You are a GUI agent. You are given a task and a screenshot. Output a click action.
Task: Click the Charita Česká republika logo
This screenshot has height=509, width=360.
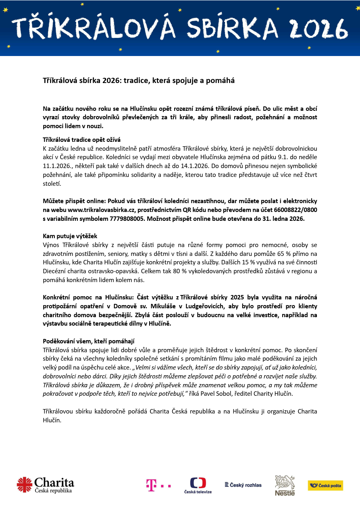coord(46,484)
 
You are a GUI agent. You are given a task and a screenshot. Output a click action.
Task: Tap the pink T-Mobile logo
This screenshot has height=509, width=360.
coord(158,485)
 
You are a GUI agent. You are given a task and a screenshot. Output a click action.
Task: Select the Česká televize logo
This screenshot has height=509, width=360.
coord(198,485)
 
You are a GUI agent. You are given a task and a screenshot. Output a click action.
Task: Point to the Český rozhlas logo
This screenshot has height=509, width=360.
coord(243,485)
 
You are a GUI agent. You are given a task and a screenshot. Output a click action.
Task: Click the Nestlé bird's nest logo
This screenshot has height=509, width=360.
coord(285,485)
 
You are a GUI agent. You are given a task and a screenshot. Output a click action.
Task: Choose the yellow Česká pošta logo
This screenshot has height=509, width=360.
coord(325,485)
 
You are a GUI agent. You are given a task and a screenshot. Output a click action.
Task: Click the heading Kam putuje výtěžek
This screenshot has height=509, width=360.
coord(70,236)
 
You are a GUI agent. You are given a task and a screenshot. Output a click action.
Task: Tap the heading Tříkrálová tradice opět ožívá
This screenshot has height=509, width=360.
coord(82,139)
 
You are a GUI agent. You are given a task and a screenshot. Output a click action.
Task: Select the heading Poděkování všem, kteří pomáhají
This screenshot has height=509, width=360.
coord(89,341)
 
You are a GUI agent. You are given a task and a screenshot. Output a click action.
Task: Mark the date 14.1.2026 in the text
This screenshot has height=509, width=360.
coord(194,166)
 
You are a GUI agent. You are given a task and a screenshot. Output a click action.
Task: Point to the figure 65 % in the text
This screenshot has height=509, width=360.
coord(268,253)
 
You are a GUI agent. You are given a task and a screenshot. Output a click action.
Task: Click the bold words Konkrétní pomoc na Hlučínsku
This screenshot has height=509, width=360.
coord(84,297)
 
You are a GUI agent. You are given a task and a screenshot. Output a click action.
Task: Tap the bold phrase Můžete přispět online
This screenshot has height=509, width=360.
coord(75,201)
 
